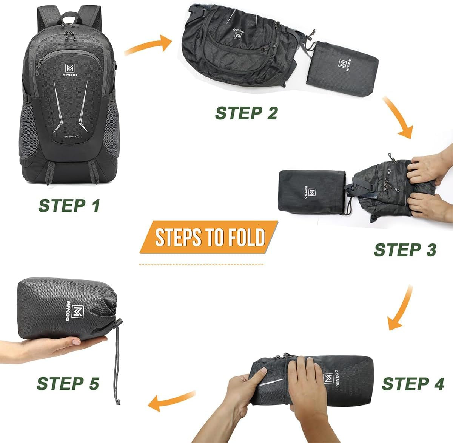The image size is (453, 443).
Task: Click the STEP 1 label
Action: click(69, 206)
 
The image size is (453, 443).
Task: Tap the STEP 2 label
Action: click(247, 113)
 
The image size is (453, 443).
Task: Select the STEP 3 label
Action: click(405, 250)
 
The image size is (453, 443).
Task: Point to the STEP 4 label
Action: click(413, 384)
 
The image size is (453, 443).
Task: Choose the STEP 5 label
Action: click(68, 383)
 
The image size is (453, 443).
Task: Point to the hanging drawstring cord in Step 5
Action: click(117, 367)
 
